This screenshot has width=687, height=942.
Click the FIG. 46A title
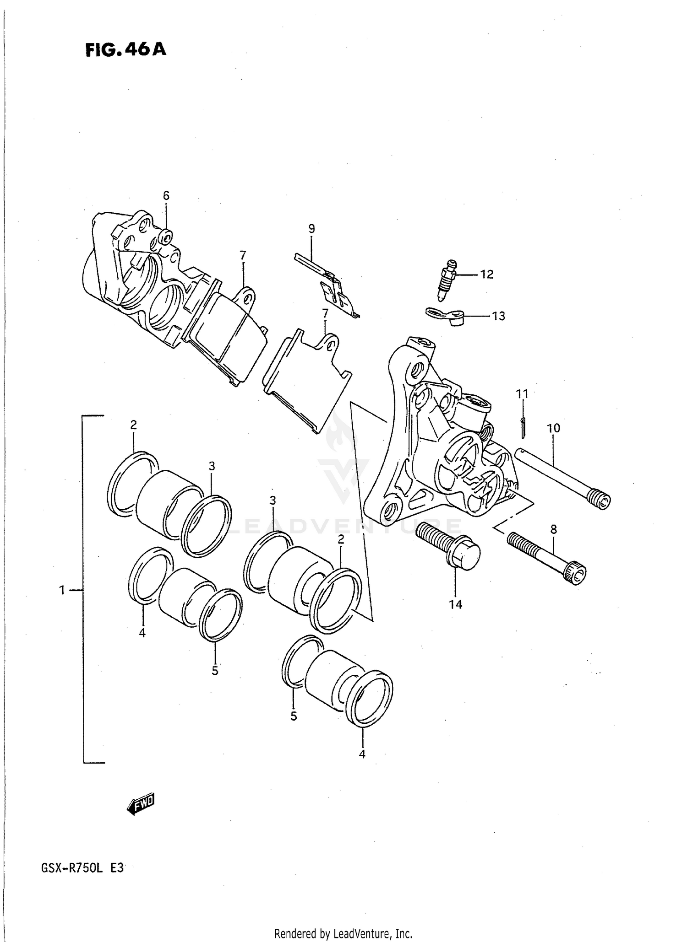click(125, 49)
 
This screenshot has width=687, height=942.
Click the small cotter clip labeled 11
click(523, 427)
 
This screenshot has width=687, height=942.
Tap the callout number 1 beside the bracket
click(62, 591)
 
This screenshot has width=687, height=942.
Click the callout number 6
click(166, 196)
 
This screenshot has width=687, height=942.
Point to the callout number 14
click(455, 605)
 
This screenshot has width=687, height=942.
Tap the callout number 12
click(487, 275)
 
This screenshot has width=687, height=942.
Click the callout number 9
click(311, 229)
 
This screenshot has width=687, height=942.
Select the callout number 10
click(553, 429)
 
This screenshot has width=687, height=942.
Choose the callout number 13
click(498, 316)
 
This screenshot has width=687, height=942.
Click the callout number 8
click(553, 529)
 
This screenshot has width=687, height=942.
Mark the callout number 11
click(522, 393)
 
